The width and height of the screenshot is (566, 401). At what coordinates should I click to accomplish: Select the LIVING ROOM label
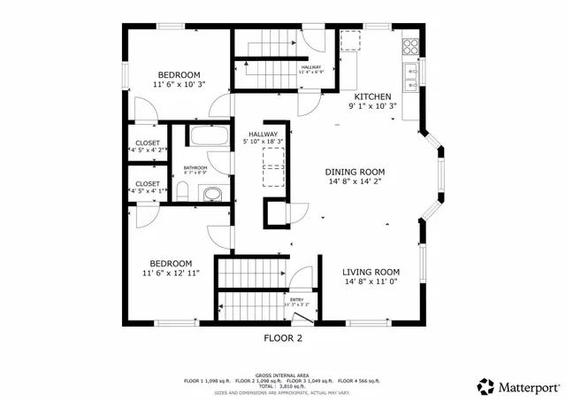coord(371,272)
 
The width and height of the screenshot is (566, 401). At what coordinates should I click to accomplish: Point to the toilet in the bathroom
coord(182,191)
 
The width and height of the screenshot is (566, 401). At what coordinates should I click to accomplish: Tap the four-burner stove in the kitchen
coord(411,43)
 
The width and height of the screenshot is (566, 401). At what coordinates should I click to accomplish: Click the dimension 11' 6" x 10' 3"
coord(180,85)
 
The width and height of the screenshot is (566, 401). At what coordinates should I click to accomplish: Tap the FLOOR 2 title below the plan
coord(282,337)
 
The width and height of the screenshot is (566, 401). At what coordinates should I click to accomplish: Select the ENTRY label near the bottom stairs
coord(295,300)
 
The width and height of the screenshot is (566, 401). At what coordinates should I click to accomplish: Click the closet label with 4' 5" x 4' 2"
coord(148,150)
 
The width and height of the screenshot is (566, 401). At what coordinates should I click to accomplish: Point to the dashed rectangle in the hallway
coord(274,165)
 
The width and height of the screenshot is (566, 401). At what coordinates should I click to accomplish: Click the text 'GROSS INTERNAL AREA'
coord(282,374)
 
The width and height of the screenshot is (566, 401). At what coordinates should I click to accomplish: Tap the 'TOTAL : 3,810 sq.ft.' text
coord(282,386)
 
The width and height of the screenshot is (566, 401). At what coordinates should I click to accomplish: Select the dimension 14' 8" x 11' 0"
coord(371,282)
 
